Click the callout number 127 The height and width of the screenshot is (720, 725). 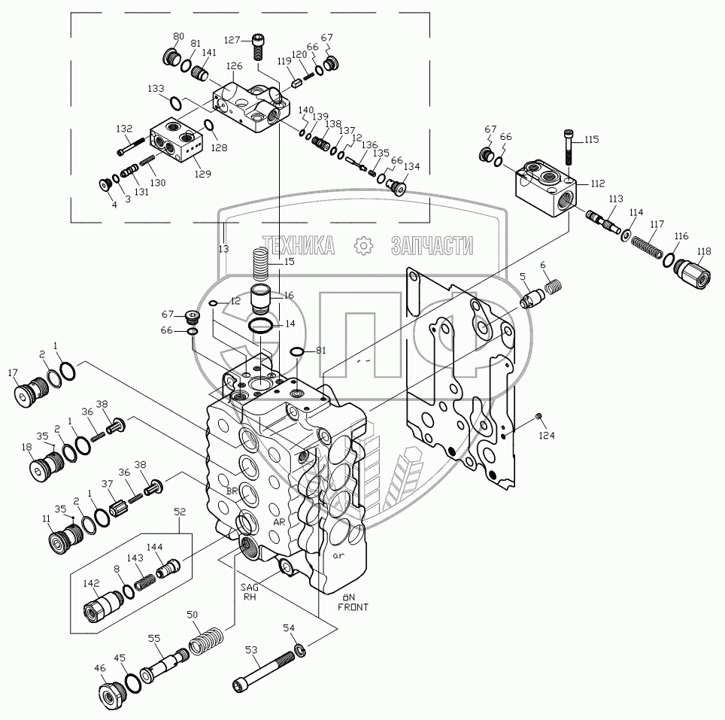(232, 40)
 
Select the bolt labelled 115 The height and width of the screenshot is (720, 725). (569, 147)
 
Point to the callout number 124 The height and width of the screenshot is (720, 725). (547, 435)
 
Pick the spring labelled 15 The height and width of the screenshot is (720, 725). (261, 263)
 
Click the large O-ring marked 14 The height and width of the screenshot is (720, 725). (260, 326)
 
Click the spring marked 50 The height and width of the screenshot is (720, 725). (206, 639)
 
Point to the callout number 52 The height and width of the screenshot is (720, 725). (180, 512)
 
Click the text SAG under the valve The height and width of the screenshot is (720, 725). (249, 587)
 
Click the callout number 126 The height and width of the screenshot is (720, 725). (234, 66)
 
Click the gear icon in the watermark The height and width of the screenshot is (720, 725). (363, 245)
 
